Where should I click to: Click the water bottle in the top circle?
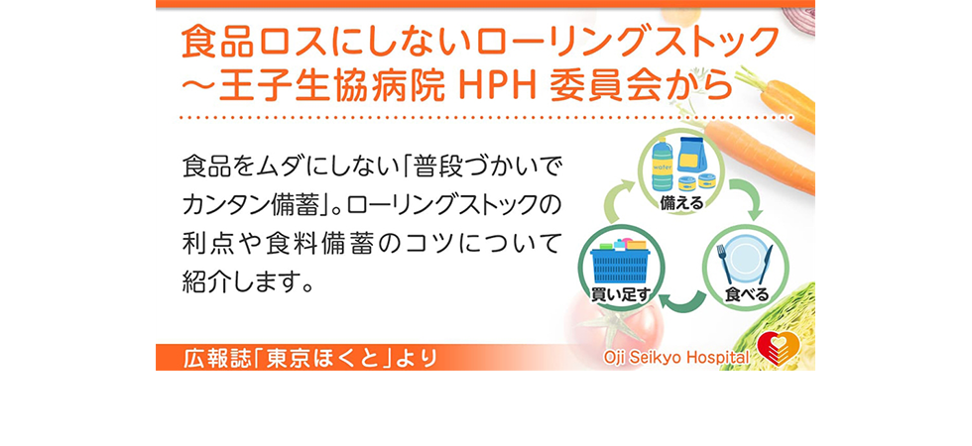coord(663,165)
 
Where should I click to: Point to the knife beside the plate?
coord(766,265)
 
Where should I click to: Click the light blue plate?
coord(745,261)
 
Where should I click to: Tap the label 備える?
coord(680,202)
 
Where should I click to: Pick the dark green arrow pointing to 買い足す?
coord(681,301)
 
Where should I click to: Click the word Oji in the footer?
coord(616,358)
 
